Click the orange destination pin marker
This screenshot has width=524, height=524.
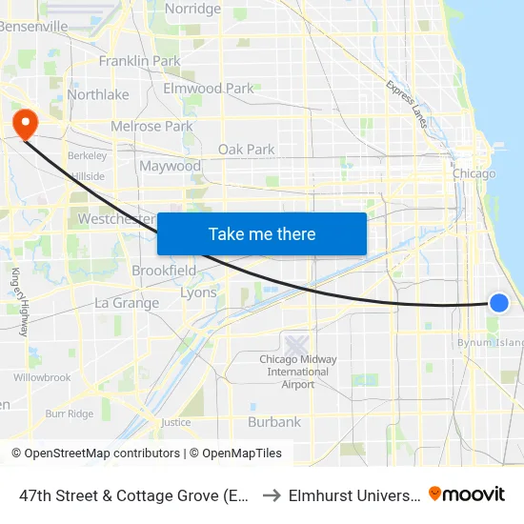[23, 123]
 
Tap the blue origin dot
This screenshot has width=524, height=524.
[498, 303]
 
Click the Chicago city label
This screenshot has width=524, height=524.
[474, 174]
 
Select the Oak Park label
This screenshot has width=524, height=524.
[246, 150]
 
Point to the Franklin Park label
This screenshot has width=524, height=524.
[139, 61]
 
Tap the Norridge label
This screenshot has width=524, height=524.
[192, 9]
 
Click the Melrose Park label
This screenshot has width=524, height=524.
[151, 126]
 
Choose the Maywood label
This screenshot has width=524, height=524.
[171, 167]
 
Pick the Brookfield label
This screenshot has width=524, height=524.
[164, 271]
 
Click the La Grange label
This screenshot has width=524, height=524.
[127, 303]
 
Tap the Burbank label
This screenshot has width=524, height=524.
[274, 421]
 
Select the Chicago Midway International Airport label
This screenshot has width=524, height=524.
[298, 372]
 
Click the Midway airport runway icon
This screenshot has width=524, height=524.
[296, 343]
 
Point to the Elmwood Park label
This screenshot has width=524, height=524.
[209, 89]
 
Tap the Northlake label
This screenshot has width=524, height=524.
[98, 94]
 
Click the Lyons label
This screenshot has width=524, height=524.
[198, 292]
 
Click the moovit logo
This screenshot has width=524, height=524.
[467, 494]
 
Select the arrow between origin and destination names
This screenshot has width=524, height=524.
[270, 494]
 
